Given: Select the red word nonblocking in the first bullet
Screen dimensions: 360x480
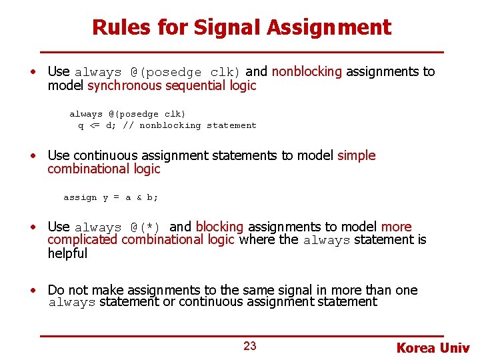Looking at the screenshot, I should tap(307, 71).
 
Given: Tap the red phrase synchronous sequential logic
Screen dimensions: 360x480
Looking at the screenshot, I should tap(171, 85).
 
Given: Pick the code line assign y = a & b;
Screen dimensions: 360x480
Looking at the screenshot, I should tap(111, 197).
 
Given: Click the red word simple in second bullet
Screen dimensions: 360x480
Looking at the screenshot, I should tap(357, 155).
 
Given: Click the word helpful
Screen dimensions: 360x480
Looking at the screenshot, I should tap(67, 253).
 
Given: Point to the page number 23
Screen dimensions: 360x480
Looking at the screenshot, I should tap(250, 345).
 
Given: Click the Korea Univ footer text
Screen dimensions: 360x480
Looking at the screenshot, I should tap(433, 348).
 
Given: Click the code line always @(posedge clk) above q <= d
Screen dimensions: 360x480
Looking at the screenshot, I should tap(127, 114).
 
